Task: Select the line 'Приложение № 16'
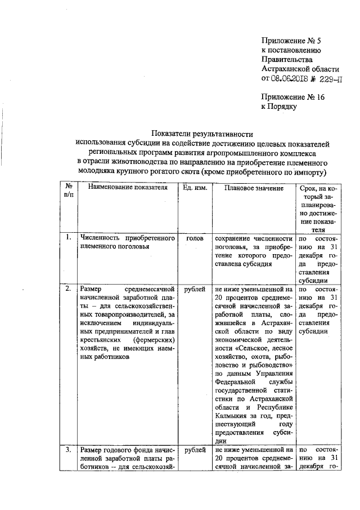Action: tap(293, 96)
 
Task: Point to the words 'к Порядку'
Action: tap(279, 105)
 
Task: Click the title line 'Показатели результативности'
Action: tap(201, 134)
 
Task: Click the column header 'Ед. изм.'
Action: tap(195, 188)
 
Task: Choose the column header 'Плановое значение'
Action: tap(253, 188)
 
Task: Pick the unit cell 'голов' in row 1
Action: tap(195, 238)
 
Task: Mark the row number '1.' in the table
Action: tap(67, 238)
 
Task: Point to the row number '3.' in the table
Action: tap(67, 450)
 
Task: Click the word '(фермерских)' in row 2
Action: tap(153, 340)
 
